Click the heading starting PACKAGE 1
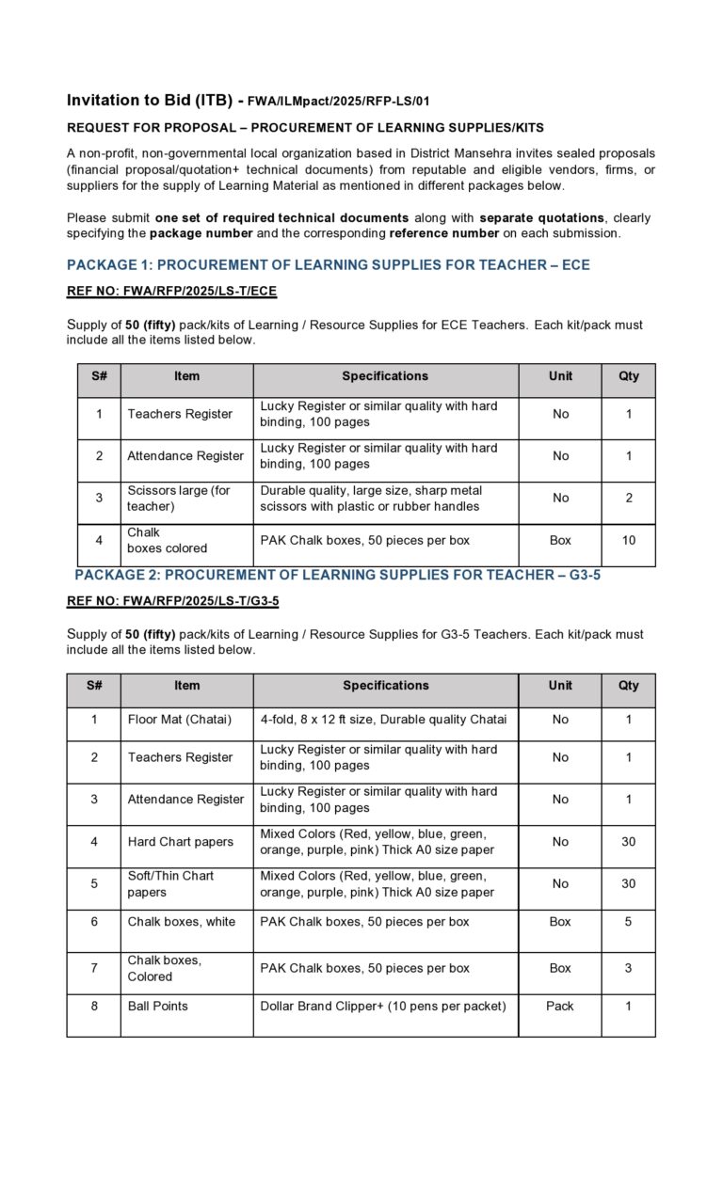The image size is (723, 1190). (x=328, y=265)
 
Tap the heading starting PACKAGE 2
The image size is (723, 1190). (x=337, y=575)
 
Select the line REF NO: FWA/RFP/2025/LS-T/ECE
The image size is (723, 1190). (x=171, y=292)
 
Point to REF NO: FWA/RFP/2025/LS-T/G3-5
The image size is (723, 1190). (x=172, y=601)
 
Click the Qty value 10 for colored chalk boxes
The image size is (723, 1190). (x=628, y=540)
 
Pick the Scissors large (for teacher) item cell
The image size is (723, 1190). (x=179, y=499)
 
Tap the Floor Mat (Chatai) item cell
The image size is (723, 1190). (x=180, y=720)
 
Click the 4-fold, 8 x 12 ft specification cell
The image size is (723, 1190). (x=383, y=720)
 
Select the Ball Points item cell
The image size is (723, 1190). (x=158, y=1006)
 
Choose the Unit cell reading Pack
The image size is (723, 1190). (x=560, y=1006)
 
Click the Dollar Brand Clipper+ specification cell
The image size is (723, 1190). (x=383, y=1006)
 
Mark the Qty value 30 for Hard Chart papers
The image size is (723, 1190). (x=628, y=842)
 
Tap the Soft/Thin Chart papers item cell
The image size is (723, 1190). (x=171, y=883)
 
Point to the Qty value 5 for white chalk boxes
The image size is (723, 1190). (x=628, y=922)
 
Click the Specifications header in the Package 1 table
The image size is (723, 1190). (x=385, y=376)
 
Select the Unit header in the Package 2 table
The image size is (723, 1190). (x=560, y=686)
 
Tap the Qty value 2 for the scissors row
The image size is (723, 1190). (x=629, y=499)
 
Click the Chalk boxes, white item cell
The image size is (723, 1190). (x=182, y=922)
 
